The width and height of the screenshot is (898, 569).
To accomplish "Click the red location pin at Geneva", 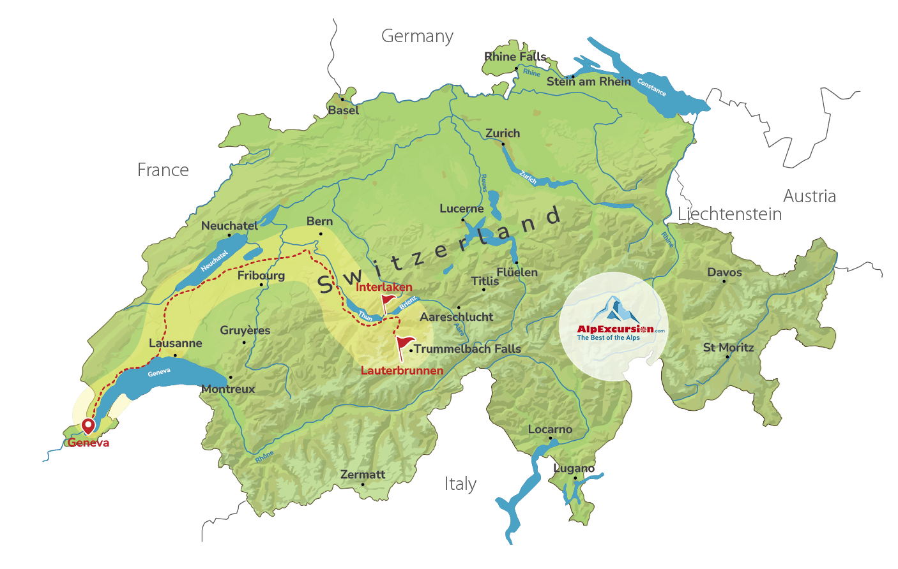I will [88, 425].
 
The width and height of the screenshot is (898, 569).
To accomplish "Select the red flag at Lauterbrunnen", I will [404, 345].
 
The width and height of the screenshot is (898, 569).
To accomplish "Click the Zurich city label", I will [503, 133].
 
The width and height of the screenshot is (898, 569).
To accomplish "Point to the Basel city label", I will [344, 110].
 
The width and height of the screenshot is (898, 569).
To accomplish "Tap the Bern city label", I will [319, 221].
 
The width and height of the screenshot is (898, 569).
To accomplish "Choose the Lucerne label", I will [461, 209].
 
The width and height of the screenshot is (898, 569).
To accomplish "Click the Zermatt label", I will [363, 475].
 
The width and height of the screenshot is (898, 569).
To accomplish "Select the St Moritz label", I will [728, 348].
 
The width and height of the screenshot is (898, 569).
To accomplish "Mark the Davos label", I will [724, 272].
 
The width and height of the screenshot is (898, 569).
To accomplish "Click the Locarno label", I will [550, 429].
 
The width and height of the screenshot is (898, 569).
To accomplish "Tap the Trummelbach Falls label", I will [468, 349].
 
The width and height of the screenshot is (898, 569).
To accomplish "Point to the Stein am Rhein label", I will [588, 82].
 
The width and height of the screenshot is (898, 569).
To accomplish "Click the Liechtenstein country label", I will [729, 214].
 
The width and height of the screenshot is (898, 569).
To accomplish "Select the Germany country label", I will [417, 36].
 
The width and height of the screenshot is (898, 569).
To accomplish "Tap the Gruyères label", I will [245, 330].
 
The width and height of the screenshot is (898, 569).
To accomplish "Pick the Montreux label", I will [228, 389].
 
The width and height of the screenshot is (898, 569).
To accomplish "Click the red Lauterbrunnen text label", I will [402, 371].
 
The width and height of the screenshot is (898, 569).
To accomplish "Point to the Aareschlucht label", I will [456, 317].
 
